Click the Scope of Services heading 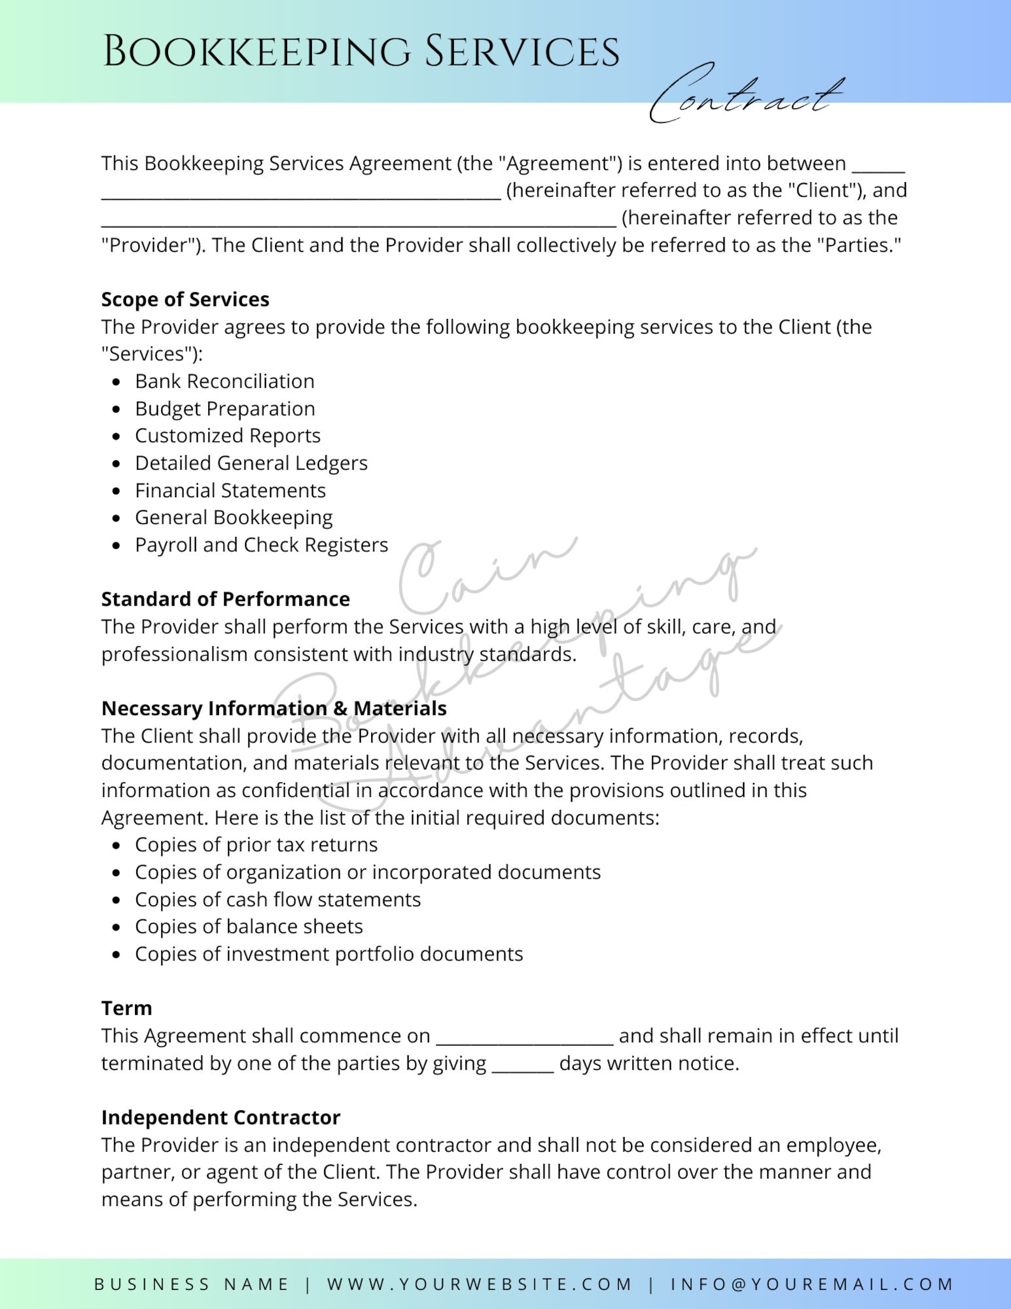[185, 299]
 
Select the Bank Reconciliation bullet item [224, 381]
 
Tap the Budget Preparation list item [225, 409]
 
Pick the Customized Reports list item [227, 436]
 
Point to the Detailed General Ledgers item [251, 463]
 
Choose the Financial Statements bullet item [230, 491]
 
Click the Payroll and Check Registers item [261, 546]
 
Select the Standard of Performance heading [225, 599]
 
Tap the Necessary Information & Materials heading [274, 709]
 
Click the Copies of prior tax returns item [256, 845]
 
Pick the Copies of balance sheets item [248, 927]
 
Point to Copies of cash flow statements [278, 900]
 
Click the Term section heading [127, 1008]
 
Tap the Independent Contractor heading [220, 1117]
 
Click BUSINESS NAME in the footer [192, 1284]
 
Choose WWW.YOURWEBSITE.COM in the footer [479, 1284]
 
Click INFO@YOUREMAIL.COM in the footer [812, 1284]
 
